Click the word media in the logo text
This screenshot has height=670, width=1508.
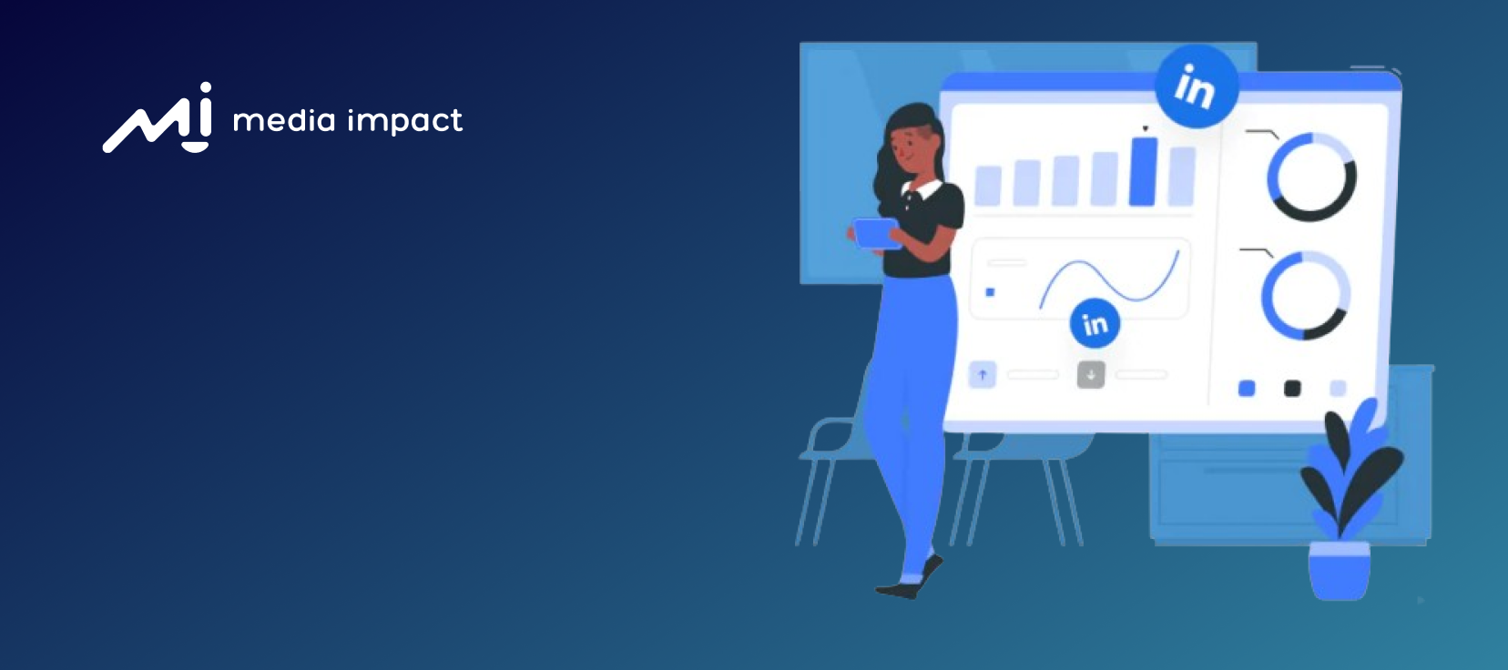point(284,120)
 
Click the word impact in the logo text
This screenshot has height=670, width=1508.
point(405,122)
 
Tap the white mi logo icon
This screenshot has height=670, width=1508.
point(158,117)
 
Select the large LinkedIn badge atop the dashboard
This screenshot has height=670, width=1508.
point(1197,86)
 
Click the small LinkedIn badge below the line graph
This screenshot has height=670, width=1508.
point(1095,323)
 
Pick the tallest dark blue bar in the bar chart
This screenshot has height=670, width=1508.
point(1143,171)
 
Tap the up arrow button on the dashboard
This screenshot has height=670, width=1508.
point(983,375)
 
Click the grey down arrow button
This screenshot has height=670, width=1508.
point(1091,375)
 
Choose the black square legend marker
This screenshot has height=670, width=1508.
point(1292,388)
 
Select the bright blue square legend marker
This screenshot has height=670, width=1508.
point(1247,388)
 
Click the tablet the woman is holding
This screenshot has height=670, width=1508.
point(877,233)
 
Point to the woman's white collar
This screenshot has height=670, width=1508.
point(923,188)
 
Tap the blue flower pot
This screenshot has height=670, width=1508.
point(1339,571)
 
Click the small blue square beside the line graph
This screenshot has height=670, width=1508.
point(990,292)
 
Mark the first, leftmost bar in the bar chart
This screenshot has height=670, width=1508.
point(988,185)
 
